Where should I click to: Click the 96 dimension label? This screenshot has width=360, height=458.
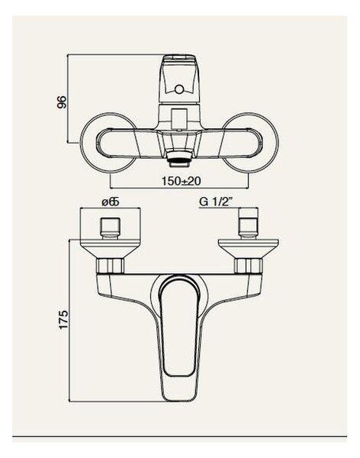(62, 102)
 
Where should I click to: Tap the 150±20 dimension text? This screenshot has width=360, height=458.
(182, 181)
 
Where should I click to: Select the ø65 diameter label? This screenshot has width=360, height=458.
(111, 202)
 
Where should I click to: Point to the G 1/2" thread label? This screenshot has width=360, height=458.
(216, 202)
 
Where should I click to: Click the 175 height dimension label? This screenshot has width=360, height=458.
(63, 320)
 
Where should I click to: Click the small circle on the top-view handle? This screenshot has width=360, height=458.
(179, 89)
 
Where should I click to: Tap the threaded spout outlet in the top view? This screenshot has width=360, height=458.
(179, 160)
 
